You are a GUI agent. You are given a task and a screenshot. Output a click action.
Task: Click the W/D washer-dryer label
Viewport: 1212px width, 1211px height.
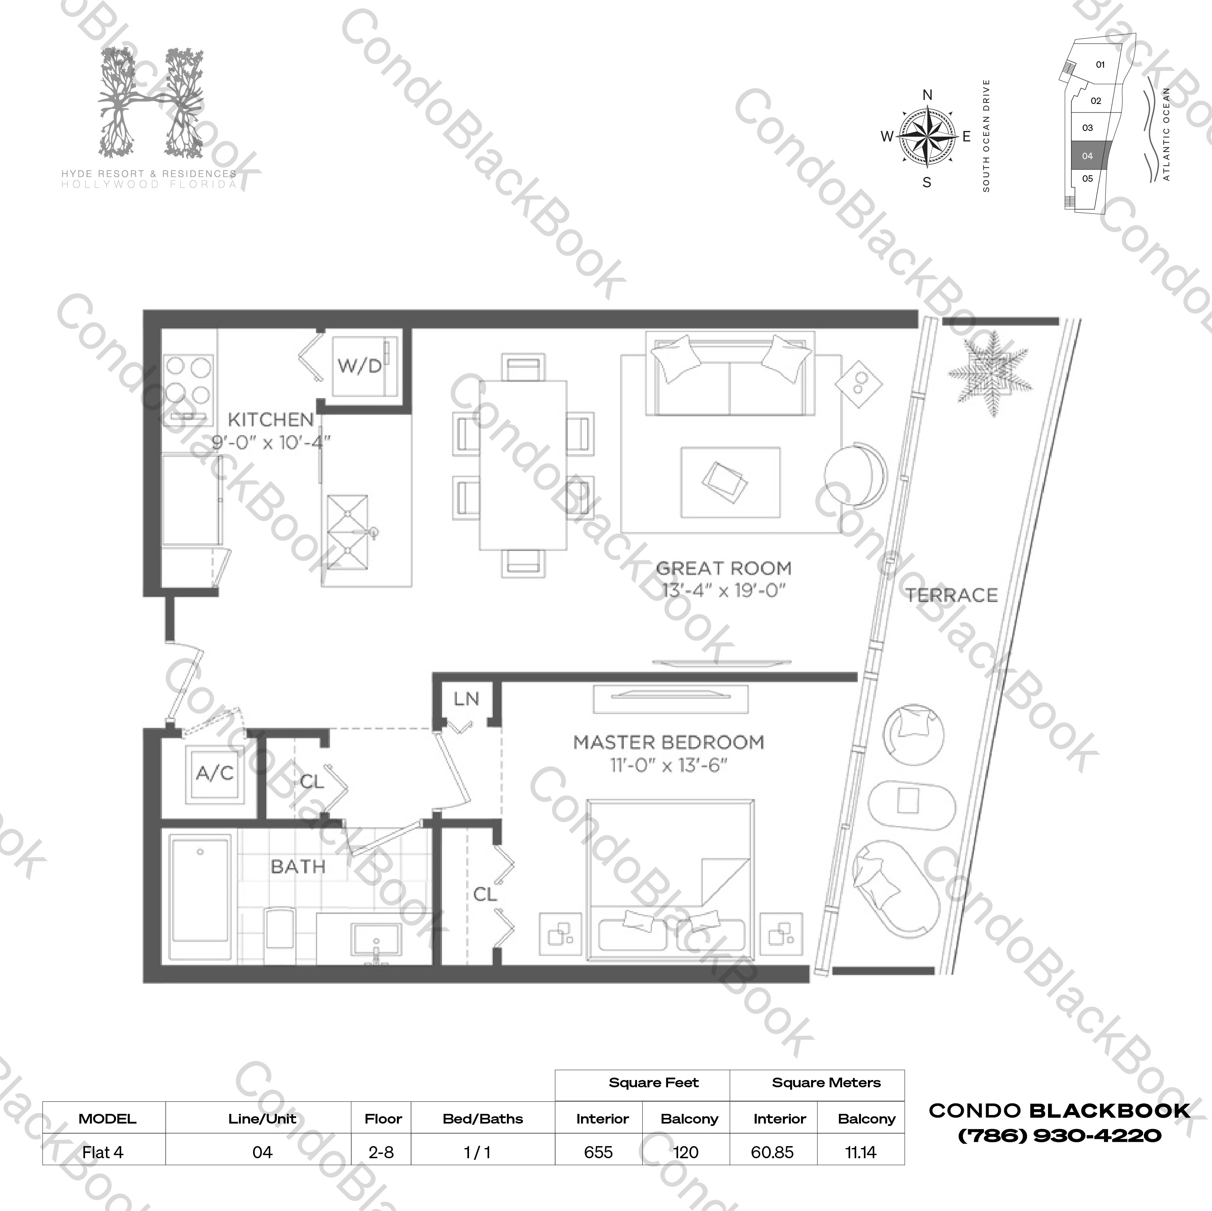(x=359, y=366)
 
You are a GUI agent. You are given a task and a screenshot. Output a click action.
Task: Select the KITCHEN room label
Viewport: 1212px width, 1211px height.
(x=270, y=419)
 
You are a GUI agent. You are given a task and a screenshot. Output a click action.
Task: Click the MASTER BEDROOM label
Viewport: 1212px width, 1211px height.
(x=669, y=742)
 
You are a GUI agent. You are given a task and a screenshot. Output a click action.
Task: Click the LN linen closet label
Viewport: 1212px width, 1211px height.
(x=466, y=698)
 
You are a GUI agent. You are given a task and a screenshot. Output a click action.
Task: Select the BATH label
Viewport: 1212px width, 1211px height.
(x=298, y=866)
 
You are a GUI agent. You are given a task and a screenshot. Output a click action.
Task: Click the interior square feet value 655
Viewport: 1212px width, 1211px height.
(x=598, y=1153)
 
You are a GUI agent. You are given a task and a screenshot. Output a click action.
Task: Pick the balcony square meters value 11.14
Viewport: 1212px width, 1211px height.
(x=861, y=1153)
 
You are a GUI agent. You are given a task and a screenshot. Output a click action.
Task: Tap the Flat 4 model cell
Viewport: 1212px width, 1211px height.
(x=103, y=1153)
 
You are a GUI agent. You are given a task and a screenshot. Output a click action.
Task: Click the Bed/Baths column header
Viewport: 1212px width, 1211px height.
(x=482, y=1119)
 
